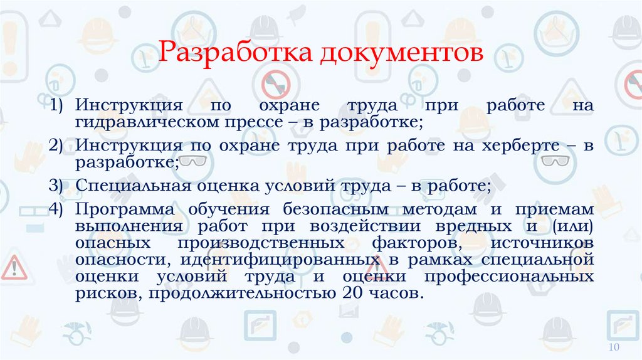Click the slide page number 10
point(614,348)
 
